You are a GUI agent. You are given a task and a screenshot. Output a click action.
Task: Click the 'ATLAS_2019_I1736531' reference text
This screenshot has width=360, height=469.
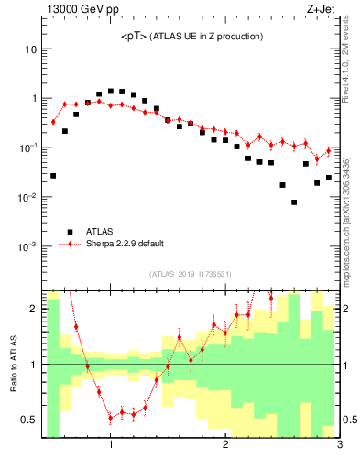click(x=191, y=274)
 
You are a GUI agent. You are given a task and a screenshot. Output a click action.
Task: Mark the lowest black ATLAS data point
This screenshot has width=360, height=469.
click(x=294, y=202)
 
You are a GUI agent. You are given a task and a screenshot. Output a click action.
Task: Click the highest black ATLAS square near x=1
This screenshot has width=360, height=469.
click(x=111, y=92)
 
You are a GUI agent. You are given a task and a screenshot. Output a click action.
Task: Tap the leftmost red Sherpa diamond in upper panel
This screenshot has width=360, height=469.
click(x=53, y=122)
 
